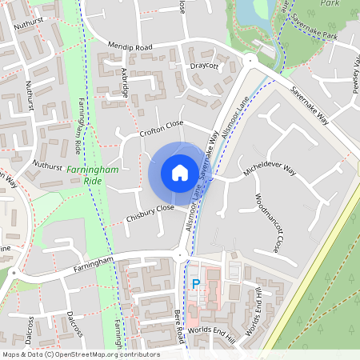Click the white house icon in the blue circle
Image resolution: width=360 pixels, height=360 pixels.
(179, 173)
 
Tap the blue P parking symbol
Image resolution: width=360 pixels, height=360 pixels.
(196, 284)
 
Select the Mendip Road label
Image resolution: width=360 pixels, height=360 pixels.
(133, 47)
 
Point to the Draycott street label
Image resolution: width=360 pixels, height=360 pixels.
(204, 66)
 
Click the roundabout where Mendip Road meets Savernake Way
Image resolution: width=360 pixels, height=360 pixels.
(250, 61)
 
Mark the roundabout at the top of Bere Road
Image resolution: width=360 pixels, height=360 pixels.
(178, 256)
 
